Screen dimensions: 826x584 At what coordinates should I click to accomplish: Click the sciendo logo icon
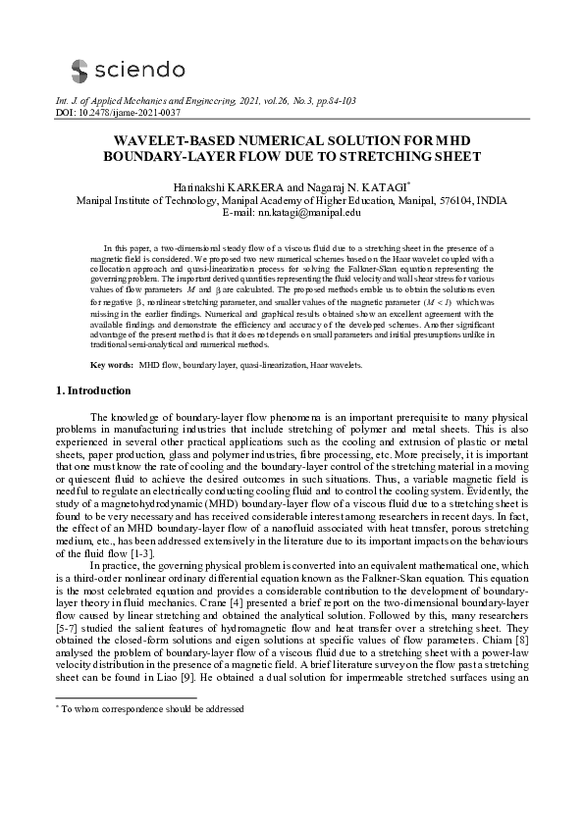(x=79, y=69)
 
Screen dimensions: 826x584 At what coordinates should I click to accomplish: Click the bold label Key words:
(x=113, y=365)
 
